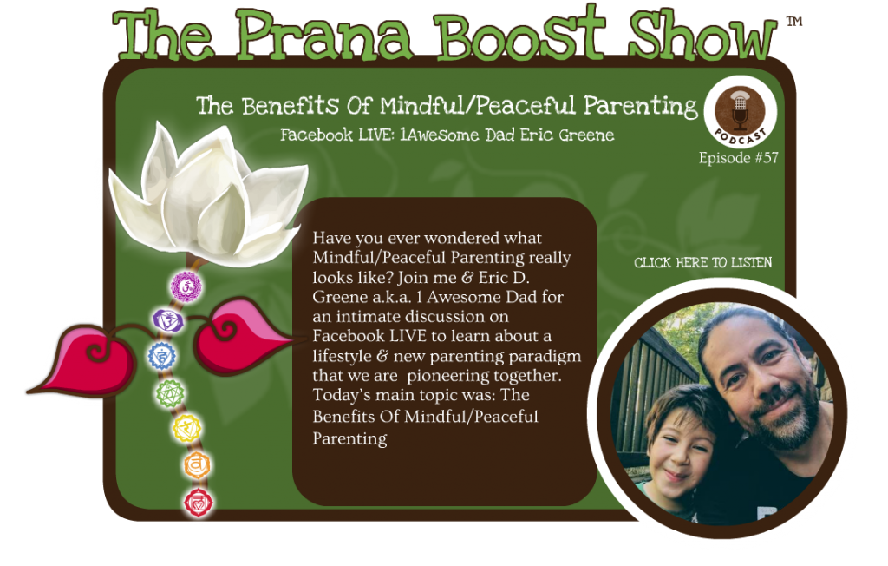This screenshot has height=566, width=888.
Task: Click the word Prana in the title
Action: click(323, 36)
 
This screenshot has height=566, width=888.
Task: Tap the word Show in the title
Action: click(702, 36)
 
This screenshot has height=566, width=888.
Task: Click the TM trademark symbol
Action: click(794, 22)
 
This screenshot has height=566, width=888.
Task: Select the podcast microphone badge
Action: click(741, 112)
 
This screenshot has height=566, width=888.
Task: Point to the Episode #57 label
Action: click(739, 158)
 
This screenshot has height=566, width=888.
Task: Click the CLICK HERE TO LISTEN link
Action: click(702, 262)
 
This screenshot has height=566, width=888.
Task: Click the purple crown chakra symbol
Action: click(186, 286)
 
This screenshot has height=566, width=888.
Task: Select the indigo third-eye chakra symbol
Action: click(167, 321)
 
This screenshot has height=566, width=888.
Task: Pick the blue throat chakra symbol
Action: click(162, 356)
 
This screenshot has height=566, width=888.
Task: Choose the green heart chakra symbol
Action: click(171, 392)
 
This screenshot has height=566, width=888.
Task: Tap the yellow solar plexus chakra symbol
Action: click(187, 428)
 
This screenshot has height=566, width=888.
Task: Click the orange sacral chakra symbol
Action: click(197, 465)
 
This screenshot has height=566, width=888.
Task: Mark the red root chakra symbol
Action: click(199, 503)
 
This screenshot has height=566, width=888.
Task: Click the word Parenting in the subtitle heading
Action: click(641, 106)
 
